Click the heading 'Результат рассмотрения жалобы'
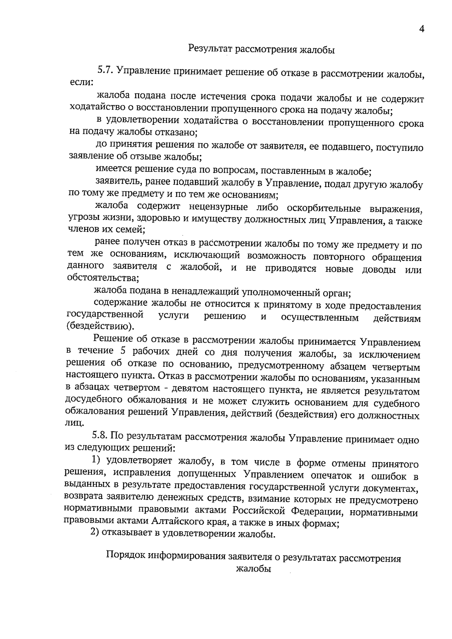pyautogui.click(x=261, y=49)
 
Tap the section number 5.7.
pyautogui.click(x=105, y=69)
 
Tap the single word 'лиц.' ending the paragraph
pyautogui.click(x=72, y=423)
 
